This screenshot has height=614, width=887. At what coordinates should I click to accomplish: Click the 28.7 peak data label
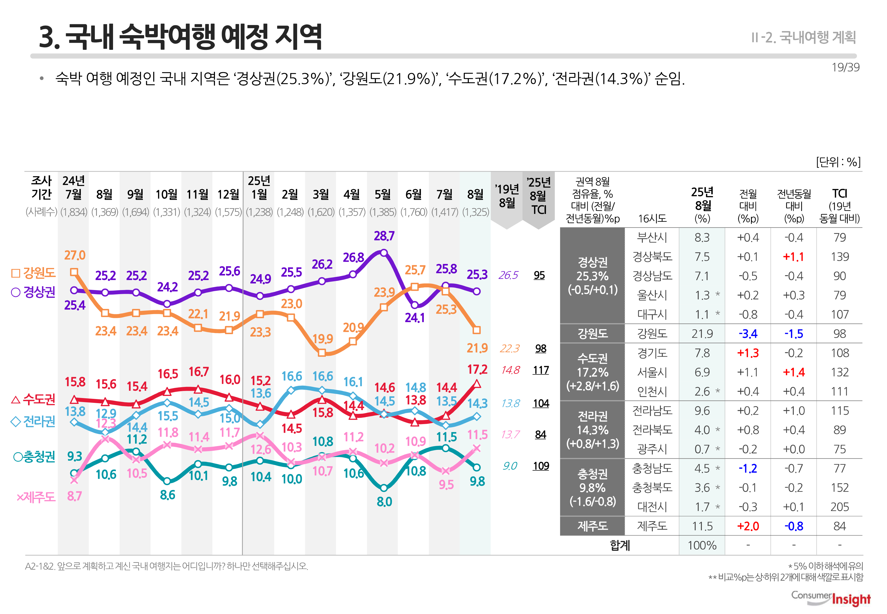click(x=384, y=236)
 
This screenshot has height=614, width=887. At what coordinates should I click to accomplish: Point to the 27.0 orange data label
click(x=75, y=255)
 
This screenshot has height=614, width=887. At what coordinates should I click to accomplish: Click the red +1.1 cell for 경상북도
click(x=793, y=257)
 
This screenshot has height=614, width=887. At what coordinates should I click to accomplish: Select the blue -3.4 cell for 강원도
click(x=748, y=334)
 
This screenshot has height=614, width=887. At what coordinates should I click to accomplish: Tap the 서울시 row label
click(x=652, y=372)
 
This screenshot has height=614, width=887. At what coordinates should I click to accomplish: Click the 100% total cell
click(x=702, y=545)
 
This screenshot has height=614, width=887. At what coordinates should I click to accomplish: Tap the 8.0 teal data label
click(x=384, y=502)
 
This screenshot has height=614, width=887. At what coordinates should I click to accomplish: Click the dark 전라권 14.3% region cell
click(x=592, y=430)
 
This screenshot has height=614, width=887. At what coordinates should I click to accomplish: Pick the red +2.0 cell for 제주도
click(x=748, y=526)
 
